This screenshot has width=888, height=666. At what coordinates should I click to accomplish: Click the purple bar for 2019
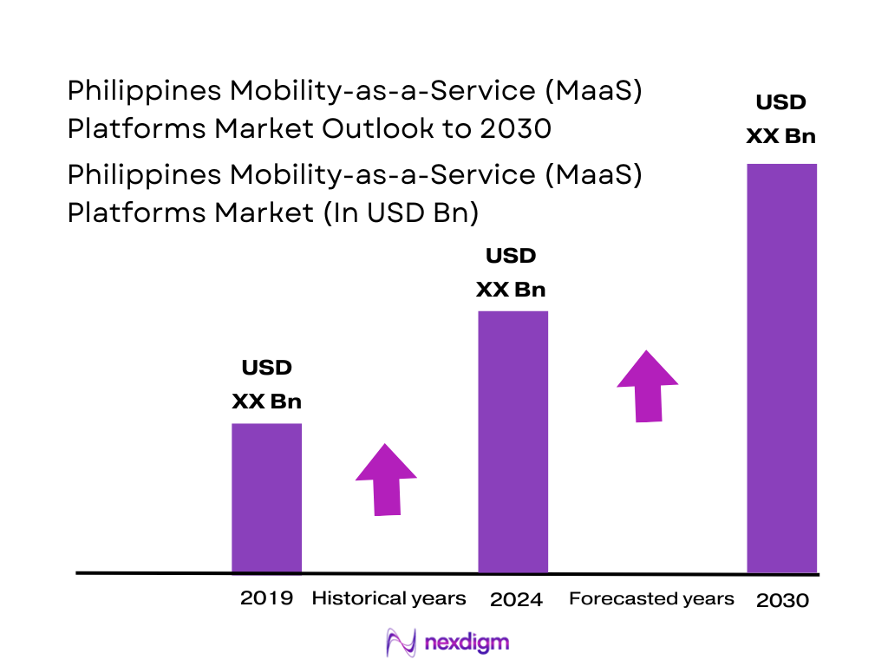coord(266,498)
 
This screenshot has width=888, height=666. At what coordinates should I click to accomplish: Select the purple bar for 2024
coord(513,441)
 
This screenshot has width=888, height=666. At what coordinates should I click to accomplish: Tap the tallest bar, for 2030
coord(781,368)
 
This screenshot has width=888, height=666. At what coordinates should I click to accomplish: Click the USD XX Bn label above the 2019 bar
coord(266,384)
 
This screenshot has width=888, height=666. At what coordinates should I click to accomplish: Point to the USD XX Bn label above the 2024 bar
coord(511,272)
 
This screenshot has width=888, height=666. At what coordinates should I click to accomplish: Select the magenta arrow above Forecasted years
coord(647,386)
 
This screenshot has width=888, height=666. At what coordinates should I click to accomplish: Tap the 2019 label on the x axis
coord(266,598)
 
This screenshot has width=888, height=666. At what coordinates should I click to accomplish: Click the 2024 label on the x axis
coord(516,600)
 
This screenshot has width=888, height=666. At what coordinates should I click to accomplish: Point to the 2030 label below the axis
coord(782,601)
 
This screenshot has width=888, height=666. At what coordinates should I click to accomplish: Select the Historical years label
coord(388,598)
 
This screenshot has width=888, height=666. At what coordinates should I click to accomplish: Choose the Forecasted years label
coord(651,598)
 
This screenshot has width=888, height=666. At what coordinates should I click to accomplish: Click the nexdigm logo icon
coord(402,643)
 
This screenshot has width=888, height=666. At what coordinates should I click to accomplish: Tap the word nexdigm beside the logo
coord(467,643)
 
